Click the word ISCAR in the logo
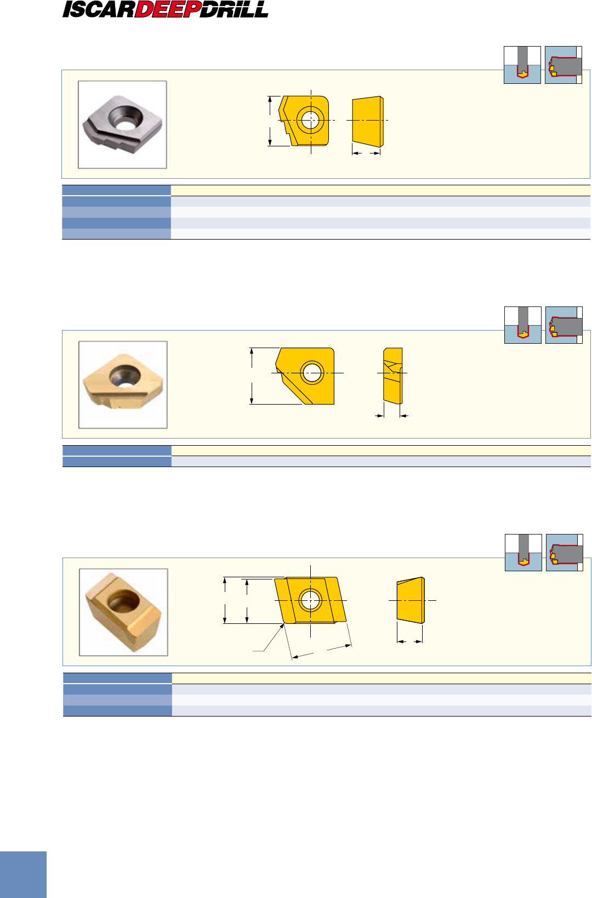[x=99, y=10]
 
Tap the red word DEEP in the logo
[x=168, y=10]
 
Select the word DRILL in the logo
[x=234, y=9]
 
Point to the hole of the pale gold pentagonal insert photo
[x=125, y=377]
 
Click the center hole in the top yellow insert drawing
[x=310, y=120]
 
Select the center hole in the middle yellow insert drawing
[x=312, y=373]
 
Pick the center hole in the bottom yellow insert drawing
[x=311, y=600]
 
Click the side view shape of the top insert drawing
[x=368, y=122]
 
